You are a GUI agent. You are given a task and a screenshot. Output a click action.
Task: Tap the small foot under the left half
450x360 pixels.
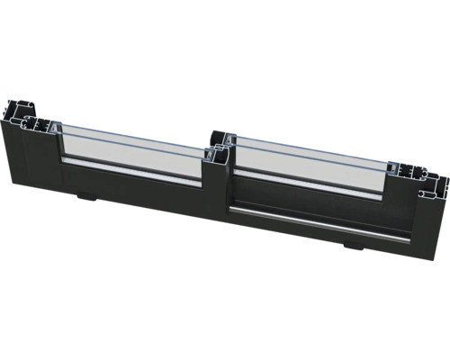85,195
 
